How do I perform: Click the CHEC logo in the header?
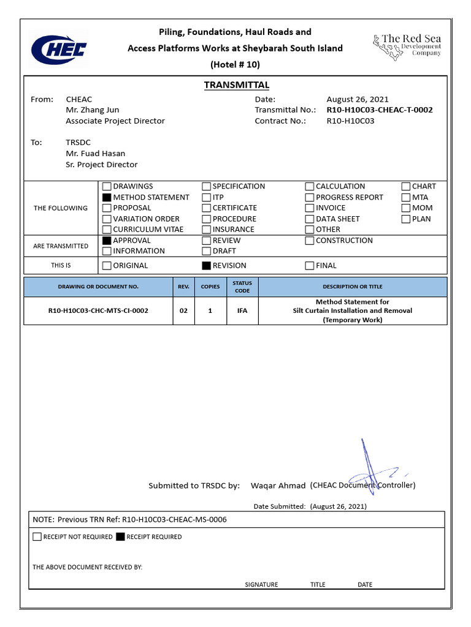coord(59,48)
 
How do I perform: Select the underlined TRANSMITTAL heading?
coord(237,85)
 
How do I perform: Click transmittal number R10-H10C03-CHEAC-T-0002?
coord(380,110)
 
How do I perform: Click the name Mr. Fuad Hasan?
coord(95,154)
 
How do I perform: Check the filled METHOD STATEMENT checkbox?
coord(107,198)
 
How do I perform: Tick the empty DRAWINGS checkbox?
coord(107,187)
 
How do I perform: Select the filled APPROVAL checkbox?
coord(107,241)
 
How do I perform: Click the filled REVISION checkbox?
coord(206,266)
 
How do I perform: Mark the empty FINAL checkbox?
coord(310,266)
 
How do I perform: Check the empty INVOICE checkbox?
coord(310,208)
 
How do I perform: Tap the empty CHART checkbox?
coord(406,187)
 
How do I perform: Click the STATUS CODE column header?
coord(242,287)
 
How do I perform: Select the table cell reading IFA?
coord(242,311)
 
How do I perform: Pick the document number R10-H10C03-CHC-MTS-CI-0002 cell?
coord(98,311)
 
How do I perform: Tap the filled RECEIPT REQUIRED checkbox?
coord(120,537)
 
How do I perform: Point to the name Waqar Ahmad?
coord(278,486)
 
